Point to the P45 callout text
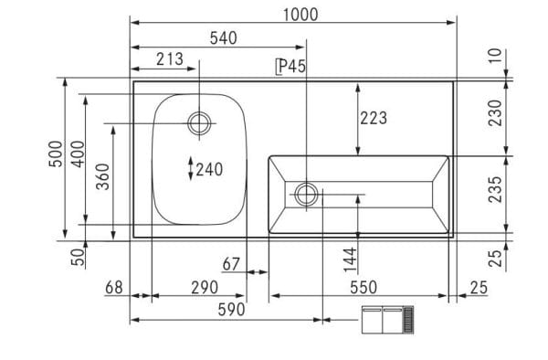[x=290, y=67]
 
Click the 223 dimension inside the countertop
[x=373, y=118]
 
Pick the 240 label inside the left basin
[x=208, y=169]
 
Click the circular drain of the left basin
[x=199, y=122]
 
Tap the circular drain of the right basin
[x=307, y=194]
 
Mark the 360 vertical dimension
[x=103, y=175]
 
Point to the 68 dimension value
[x=113, y=288]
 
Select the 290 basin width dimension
[x=203, y=288]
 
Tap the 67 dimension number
[x=232, y=265]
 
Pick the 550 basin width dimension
[x=363, y=288]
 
